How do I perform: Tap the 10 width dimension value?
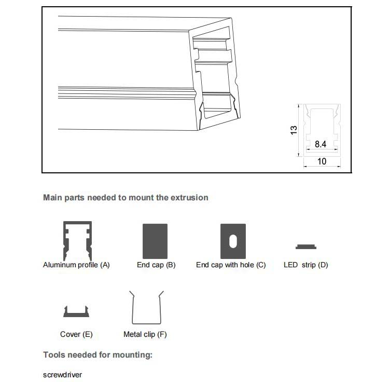pyautogui.click(x=322, y=161)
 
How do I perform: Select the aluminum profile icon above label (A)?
pyautogui.click(x=77, y=241)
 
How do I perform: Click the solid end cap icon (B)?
pyautogui.click(x=155, y=241)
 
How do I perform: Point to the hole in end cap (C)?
pyautogui.click(x=233, y=241)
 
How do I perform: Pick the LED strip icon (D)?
pyautogui.click(x=306, y=247)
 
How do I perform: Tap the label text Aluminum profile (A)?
pyautogui.click(x=76, y=265)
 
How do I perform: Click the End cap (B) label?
pyautogui.click(x=156, y=265)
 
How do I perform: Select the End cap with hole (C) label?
pyautogui.click(x=231, y=265)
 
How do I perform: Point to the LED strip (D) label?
pyautogui.click(x=306, y=265)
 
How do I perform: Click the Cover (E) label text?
pyautogui.click(x=76, y=334)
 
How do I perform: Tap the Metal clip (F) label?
pyautogui.click(x=145, y=334)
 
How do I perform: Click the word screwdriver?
pyautogui.click(x=62, y=374)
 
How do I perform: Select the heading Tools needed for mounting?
pyautogui.click(x=98, y=355)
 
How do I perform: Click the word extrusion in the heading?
pyautogui.click(x=189, y=197)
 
